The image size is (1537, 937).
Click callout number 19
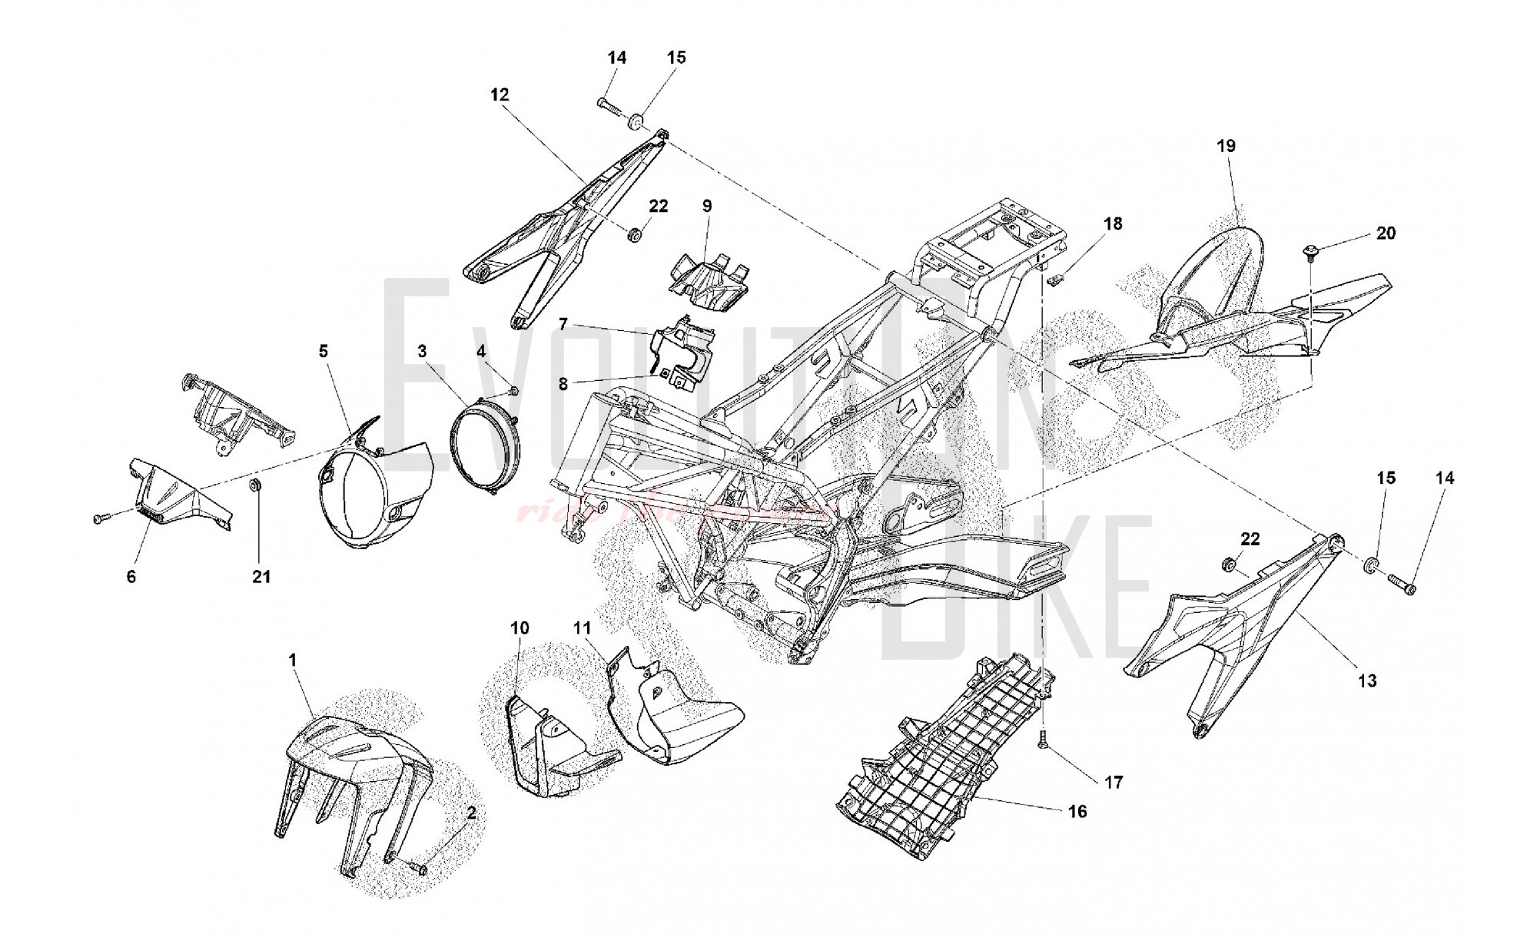tap(1226, 145)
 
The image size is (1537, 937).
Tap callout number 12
tap(500, 94)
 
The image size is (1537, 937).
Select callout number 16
tap(1077, 811)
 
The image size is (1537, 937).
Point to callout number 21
tap(262, 576)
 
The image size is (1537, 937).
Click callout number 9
tap(707, 206)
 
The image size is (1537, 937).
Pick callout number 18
tap(1113, 223)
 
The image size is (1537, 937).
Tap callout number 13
tap(1367, 680)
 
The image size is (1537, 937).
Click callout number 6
tap(131, 576)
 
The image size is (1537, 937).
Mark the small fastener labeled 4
tap(514, 392)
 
